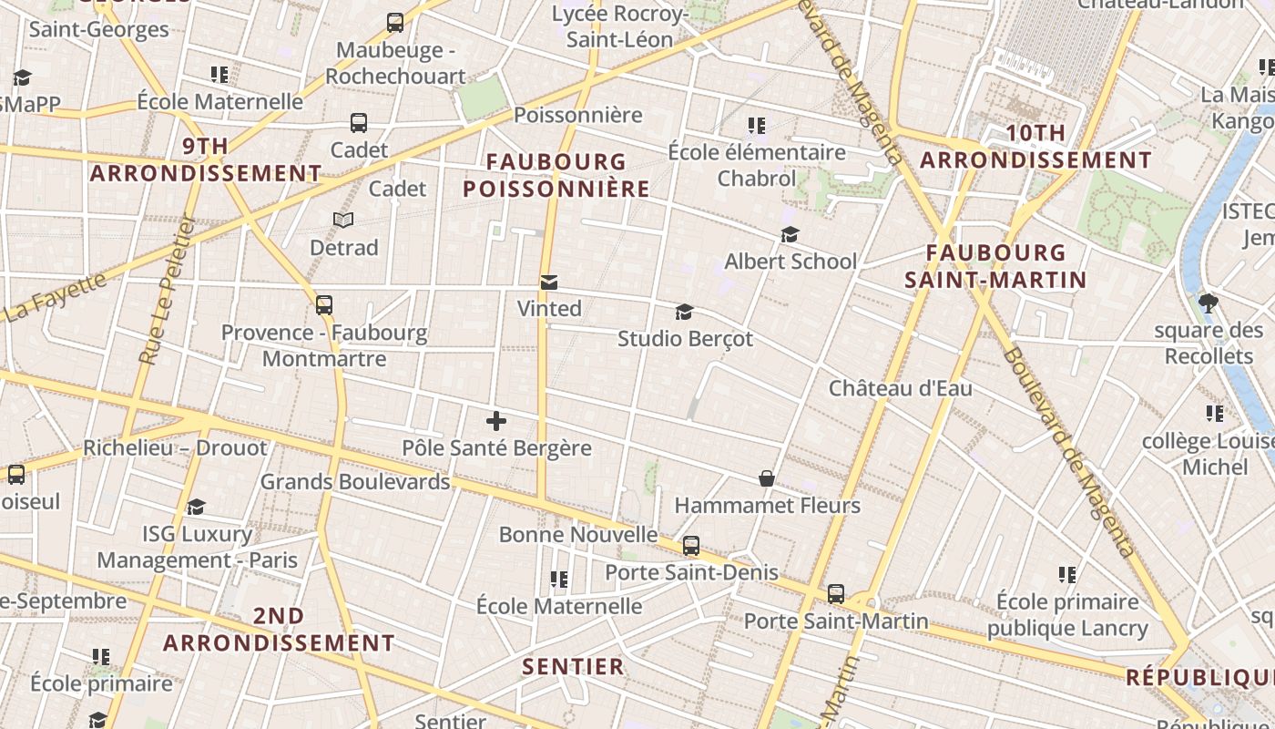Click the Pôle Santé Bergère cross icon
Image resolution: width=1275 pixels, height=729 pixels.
[496, 421]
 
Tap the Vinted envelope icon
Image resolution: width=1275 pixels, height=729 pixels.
[549, 282]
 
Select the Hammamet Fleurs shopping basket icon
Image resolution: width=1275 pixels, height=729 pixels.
[767, 478]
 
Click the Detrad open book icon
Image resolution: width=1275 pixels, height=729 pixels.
[343, 220]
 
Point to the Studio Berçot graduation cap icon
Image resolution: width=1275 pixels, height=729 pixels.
[684, 313]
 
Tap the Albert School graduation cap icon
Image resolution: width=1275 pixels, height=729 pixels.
[790, 235]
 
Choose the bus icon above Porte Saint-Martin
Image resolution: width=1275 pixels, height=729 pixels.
[836, 594]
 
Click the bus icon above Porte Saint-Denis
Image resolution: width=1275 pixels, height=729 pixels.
[691, 546]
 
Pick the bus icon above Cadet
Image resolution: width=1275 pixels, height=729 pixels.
[359, 122]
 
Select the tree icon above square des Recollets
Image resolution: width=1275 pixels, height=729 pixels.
[1209, 303]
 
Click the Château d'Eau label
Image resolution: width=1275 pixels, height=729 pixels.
[900, 388]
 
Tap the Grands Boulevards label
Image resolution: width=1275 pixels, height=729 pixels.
[355, 481]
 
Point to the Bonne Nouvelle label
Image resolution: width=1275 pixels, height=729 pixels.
[578, 534]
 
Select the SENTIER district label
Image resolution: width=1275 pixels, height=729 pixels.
[574, 666]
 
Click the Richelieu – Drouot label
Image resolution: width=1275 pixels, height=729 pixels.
[175, 447]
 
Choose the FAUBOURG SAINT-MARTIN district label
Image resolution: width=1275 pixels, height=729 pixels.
[996, 266]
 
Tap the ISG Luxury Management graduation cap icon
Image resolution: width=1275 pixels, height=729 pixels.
[196, 507]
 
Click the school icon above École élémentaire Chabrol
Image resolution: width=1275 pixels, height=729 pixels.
[756, 125]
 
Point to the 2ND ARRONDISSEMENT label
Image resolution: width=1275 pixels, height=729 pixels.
[279, 630]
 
